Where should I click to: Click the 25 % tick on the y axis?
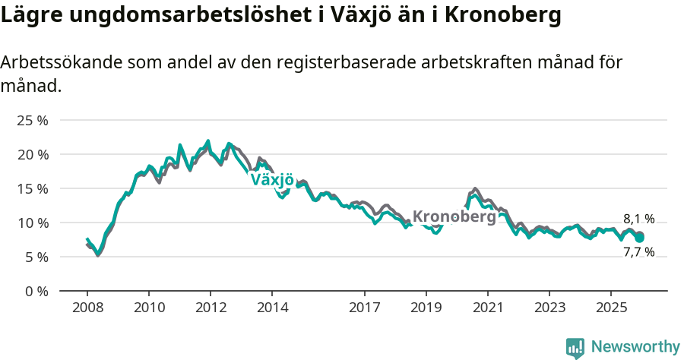[32, 120]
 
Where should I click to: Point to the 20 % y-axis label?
[32, 154]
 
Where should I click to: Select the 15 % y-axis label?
[32, 188]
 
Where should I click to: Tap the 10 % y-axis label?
[32, 223]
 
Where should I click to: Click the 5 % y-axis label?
[35, 257]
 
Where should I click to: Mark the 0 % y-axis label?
[35, 291]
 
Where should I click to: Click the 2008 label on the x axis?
[87, 308]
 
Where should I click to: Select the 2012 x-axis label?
[211, 308]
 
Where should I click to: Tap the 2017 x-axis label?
[364, 308]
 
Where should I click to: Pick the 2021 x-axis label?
[487, 308]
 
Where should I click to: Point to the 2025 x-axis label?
[610, 308]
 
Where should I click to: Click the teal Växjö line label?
[272, 180]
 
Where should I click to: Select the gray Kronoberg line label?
[454, 216]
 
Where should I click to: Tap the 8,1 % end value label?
[638, 219]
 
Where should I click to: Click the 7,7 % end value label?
[638, 252]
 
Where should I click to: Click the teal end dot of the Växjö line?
[640, 238]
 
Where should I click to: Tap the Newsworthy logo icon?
[575, 347]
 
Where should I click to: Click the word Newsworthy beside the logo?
[635, 347]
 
